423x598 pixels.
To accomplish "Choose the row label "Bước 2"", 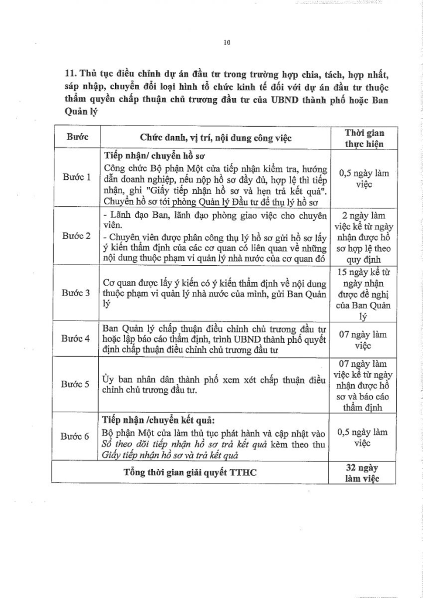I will pos(77,236).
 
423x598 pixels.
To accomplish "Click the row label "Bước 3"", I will pos(77,292).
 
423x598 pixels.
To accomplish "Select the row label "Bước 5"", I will pos(77,384).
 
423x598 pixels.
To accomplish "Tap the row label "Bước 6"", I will pos(77,436).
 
